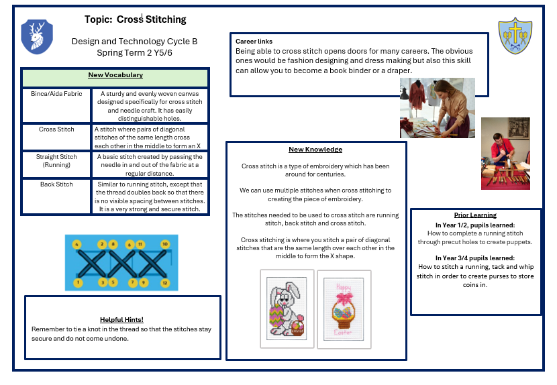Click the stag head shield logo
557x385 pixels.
click(36, 37)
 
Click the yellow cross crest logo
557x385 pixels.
click(515, 35)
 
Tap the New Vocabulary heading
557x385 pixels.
click(115, 75)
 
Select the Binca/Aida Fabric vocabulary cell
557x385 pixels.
click(56, 94)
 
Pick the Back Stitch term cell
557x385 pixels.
click(56, 184)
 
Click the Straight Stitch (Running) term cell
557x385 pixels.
click(56, 160)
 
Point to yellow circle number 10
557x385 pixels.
click(165, 244)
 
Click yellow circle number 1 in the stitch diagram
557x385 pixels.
click(78, 282)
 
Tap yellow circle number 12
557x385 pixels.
click(165, 282)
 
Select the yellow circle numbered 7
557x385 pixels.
click(133, 282)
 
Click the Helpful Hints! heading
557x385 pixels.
click(121, 320)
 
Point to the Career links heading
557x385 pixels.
click(254, 42)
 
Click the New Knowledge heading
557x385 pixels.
click(315, 150)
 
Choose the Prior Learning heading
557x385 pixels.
click(475, 215)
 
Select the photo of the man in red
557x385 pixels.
click(505, 154)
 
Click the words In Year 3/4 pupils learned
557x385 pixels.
click(474, 258)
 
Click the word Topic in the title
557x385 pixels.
click(98, 19)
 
